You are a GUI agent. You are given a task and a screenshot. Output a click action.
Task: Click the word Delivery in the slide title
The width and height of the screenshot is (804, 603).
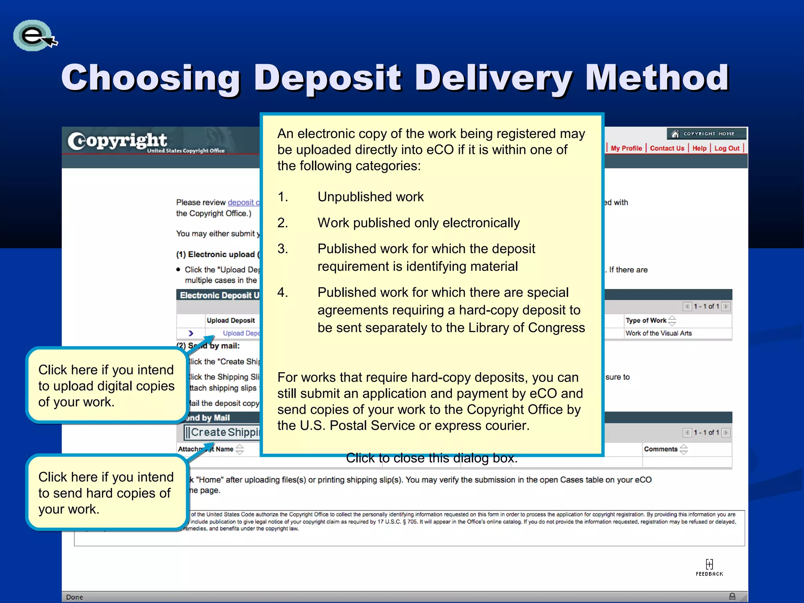click(x=493, y=78)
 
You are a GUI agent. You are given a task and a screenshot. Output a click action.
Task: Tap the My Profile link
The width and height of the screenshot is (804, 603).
click(x=626, y=148)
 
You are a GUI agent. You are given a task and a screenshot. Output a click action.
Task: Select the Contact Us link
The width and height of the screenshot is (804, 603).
click(x=667, y=148)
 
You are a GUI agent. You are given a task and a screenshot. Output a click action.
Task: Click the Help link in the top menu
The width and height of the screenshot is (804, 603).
click(x=699, y=148)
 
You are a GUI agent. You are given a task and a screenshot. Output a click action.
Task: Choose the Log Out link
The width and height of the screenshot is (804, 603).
click(x=727, y=148)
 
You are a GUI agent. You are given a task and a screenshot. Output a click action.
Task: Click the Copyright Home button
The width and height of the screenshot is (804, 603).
click(x=706, y=134)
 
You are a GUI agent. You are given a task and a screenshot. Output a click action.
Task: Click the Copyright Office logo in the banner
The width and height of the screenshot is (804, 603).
click(x=145, y=142)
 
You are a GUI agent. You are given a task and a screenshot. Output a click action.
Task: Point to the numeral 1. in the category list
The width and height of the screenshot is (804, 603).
click(x=283, y=197)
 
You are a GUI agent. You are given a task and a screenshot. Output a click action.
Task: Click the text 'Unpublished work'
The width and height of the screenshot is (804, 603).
click(x=371, y=197)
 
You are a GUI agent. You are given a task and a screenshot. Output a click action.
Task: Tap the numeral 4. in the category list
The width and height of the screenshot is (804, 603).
click(x=283, y=292)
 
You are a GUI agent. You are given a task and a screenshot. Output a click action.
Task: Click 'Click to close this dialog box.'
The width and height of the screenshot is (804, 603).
click(x=431, y=458)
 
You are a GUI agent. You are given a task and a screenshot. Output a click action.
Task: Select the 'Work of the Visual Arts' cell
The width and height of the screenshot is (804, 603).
click(x=658, y=333)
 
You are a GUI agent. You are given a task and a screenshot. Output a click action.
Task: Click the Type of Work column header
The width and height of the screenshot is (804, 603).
click(x=646, y=320)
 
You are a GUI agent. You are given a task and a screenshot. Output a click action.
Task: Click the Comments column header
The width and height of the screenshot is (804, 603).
click(x=661, y=449)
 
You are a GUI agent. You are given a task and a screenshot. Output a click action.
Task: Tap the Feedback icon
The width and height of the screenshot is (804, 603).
click(x=709, y=567)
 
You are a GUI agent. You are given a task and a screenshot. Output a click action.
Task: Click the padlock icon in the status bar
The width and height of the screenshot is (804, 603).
click(x=732, y=597)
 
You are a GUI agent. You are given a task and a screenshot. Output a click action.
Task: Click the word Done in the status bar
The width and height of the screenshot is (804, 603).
click(x=75, y=597)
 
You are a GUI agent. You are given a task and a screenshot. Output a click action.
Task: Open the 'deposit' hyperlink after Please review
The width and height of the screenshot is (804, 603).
click(x=241, y=202)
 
